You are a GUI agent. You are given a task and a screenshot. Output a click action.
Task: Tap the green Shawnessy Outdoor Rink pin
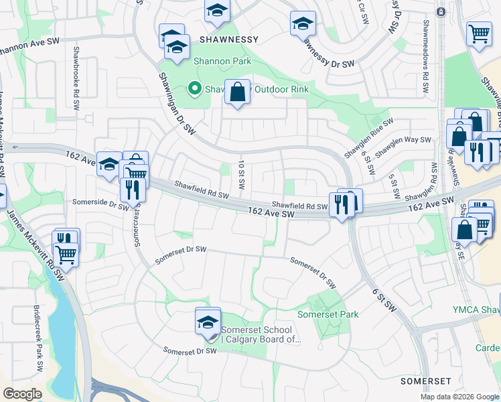click(195, 88)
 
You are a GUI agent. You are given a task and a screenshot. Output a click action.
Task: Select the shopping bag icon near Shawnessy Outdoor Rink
click(238, 92)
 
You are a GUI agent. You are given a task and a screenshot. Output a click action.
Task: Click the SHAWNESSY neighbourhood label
click(228, 40)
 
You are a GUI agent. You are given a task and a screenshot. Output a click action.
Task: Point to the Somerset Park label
click(328, 314)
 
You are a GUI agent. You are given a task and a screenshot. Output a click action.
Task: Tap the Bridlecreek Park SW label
click(38, 338)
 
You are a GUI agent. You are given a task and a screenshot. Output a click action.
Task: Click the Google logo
click(22, 394)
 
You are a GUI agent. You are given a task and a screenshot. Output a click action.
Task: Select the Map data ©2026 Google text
click(459, 397)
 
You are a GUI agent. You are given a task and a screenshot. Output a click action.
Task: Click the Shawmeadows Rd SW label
click(425, 64)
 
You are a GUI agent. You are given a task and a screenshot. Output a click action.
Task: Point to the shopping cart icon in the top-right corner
click(479, 33)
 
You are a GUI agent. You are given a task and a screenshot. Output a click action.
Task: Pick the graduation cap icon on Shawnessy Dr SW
click(303, 24)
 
